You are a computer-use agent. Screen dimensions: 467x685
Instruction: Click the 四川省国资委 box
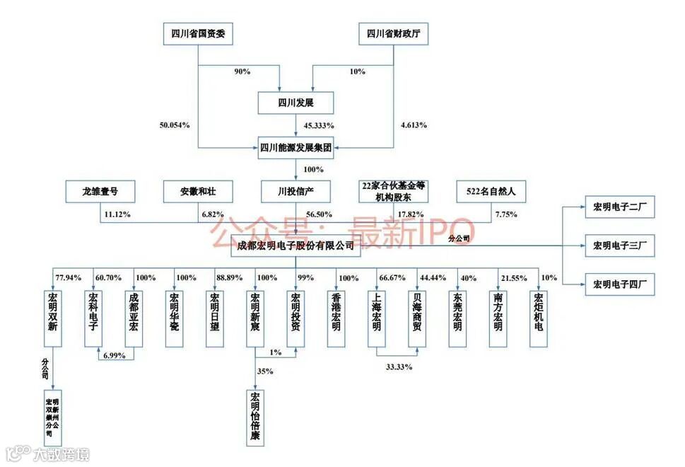[198, 33]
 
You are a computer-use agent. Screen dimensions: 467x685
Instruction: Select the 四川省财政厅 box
[394, 33]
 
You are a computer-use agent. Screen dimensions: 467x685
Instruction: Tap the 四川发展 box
[295, 103]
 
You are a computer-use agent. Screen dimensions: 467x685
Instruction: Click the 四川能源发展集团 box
[295, 149]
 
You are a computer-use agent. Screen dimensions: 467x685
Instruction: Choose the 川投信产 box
[295, 190]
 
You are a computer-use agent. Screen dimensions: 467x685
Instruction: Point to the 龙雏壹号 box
[100, 190]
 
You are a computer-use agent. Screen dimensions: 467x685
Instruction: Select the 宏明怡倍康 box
[255, 417]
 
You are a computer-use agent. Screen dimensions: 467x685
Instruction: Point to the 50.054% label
[175, 125]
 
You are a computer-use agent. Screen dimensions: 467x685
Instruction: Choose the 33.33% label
[398, 367]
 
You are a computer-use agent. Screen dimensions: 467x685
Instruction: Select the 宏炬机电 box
[539, 318]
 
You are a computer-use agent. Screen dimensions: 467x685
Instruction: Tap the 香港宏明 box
[336, 318]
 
